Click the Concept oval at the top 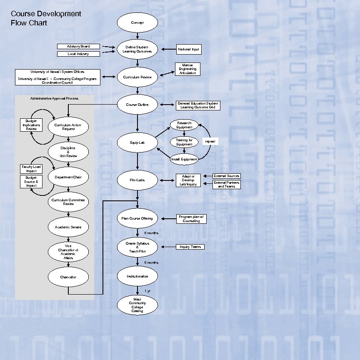pos(137,22)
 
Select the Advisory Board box pos(79,46)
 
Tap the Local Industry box pos(79,54)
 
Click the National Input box pos(189,49)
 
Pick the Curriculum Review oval pos(137,77)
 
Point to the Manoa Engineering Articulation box pos(187,69)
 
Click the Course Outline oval pos(137,105)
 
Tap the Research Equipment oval pos(184,125)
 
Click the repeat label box pos(210,142)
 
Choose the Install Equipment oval pos(184,159)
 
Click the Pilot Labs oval pos(137,180)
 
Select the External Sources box pos(227,176)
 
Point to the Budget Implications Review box pos(31,125)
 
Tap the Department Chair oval pos(68,177)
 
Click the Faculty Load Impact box pos(31,169)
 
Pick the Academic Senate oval pos(68,227)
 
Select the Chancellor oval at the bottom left pos(68,277)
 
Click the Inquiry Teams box pos(190,247)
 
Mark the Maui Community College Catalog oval pos(137,305)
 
